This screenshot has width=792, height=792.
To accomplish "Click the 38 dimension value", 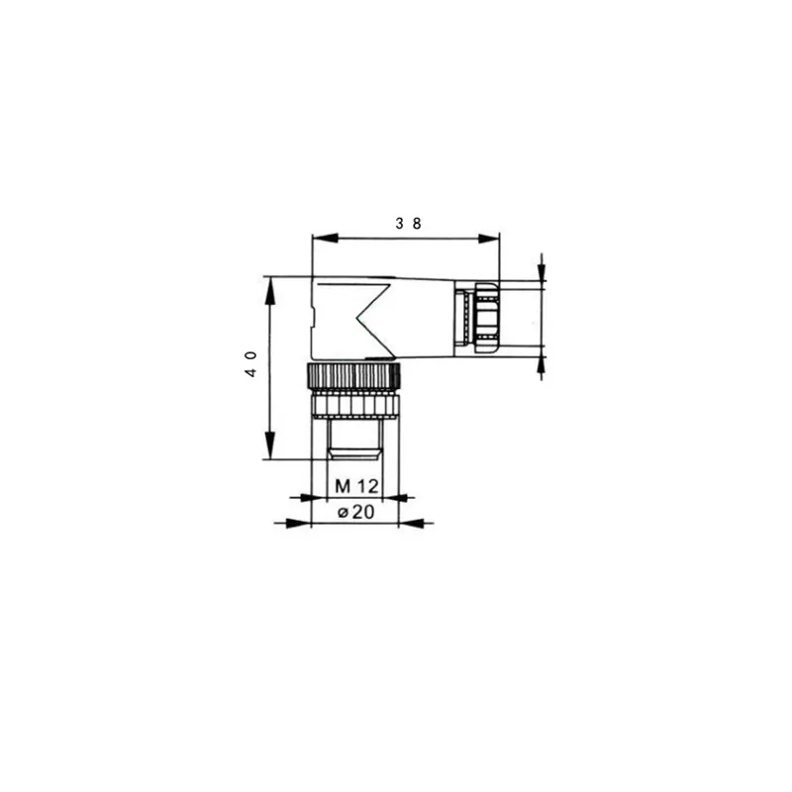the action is coord(408,224).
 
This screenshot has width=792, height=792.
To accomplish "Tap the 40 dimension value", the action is coord(251,364).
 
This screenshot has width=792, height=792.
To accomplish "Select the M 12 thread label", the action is coord(356,486).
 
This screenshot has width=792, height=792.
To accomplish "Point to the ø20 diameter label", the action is coord(356,512).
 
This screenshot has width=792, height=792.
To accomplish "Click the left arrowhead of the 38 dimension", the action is coord(326,238).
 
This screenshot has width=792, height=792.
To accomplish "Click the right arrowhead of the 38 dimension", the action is coord(487,239).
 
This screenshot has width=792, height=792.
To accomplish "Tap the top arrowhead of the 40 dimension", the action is coord(270,291).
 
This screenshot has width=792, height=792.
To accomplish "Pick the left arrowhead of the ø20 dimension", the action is coord(298,524).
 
